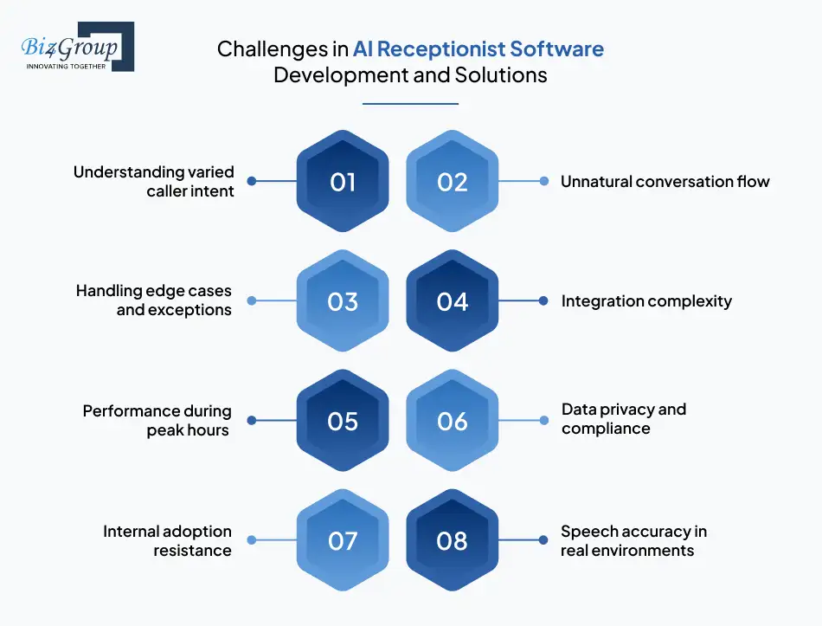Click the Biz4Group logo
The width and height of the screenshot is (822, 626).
[76, 46]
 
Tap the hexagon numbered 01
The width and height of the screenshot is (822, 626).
[343, 181]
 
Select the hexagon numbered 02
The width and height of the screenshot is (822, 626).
[452, 181]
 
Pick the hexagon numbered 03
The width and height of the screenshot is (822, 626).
[343, 301]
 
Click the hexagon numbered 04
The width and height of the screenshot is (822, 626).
[452, 301]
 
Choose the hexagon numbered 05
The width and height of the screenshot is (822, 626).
[343, 421]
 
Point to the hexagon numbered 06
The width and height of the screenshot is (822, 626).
[452, 421]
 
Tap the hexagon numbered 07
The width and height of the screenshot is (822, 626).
[343, 541]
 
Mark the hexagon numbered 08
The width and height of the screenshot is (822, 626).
[452, 541]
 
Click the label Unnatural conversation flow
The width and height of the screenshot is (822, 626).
[665, 182]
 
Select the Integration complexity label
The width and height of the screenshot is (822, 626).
[646, 301]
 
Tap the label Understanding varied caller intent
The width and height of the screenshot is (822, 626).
[153, 181]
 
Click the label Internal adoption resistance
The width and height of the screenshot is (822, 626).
[167, 540]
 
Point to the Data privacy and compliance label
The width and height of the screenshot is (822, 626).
[623, 419]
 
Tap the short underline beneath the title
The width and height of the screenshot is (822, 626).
[410, 104]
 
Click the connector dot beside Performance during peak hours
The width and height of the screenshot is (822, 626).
[252, 421]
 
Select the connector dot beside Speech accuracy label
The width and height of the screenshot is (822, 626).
[543, 541]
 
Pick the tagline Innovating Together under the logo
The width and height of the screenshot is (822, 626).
[66, 66]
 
